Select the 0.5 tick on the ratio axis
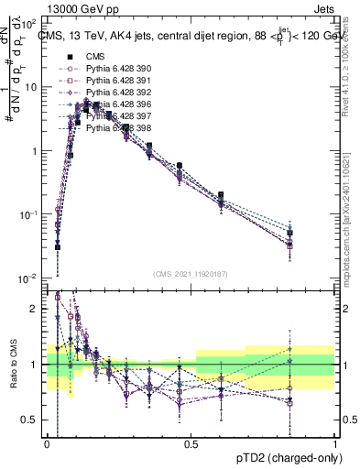pyautogui.click(x=31, y=420)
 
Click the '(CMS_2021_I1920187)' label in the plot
pyautogui.click(x=191, y=274)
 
